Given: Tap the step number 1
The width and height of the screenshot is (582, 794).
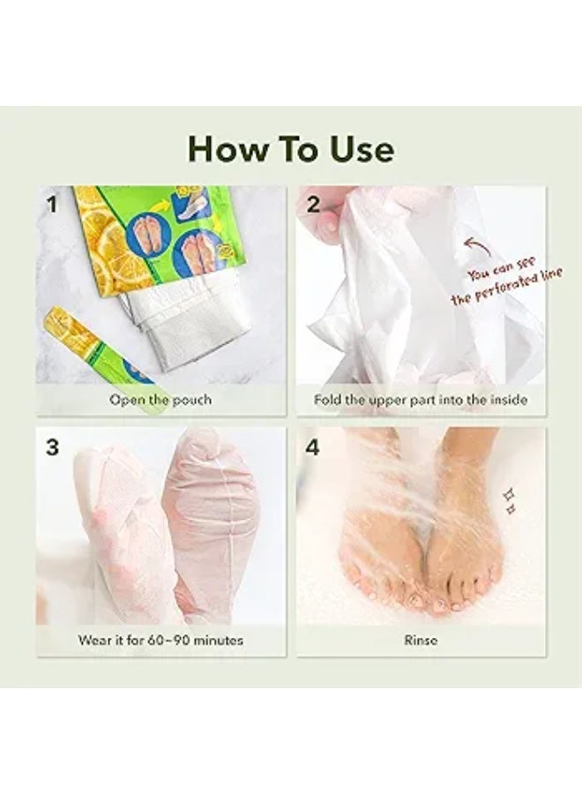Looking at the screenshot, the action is pos(52,205).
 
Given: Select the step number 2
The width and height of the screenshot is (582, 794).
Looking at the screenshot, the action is pos(314,205).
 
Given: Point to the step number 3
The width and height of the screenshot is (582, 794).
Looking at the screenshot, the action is pos(53,447).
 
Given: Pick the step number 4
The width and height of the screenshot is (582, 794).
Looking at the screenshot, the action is pos(313,447).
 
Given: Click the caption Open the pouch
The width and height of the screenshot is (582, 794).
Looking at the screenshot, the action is pos(160,400).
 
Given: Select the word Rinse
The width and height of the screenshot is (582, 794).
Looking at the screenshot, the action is pos(421,640).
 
